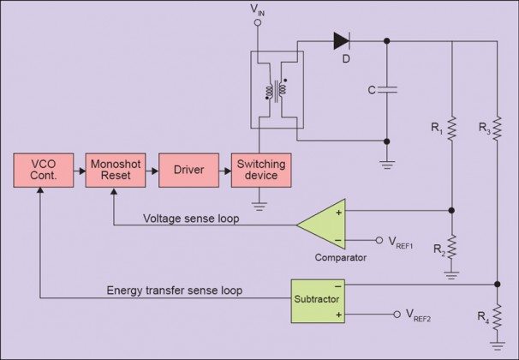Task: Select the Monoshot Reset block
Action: (x=113, y=170)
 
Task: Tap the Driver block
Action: (x=188, y=170)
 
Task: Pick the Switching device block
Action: (x=261, y=170)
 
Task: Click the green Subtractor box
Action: (x=317, y=300)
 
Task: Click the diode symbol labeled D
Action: (x=342, y=39)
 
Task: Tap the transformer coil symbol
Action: (x=274, y=89)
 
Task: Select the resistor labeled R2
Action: (x=452, y=249)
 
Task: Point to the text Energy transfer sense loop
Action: (x=175, y=291)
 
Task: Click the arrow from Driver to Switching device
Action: (x=226, y=171)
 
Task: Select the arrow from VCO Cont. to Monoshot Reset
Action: (x=79, y=171)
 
